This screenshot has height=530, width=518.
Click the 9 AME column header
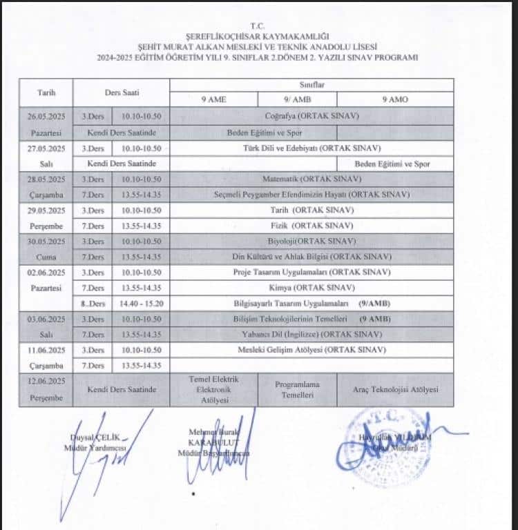213,99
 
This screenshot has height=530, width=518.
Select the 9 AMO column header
394,99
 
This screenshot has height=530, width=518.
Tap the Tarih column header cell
46,92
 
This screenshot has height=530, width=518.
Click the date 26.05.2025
46,116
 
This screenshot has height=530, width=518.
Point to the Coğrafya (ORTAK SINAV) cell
311,116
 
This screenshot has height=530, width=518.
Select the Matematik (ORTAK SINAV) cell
311,179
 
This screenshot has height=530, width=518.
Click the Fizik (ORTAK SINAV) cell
311,226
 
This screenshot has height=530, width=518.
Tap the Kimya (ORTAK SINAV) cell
311,287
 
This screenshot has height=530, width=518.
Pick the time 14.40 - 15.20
141,303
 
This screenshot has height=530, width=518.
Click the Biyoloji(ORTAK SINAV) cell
311,241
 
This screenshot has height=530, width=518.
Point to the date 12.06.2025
46,382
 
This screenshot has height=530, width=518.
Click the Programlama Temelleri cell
297,389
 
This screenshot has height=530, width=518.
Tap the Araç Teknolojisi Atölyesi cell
395,389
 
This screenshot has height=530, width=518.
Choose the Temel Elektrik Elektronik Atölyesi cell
213,389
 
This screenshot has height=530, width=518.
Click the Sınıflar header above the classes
311,84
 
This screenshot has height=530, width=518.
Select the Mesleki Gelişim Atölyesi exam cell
311,350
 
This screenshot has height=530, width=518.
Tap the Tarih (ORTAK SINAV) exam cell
311,210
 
